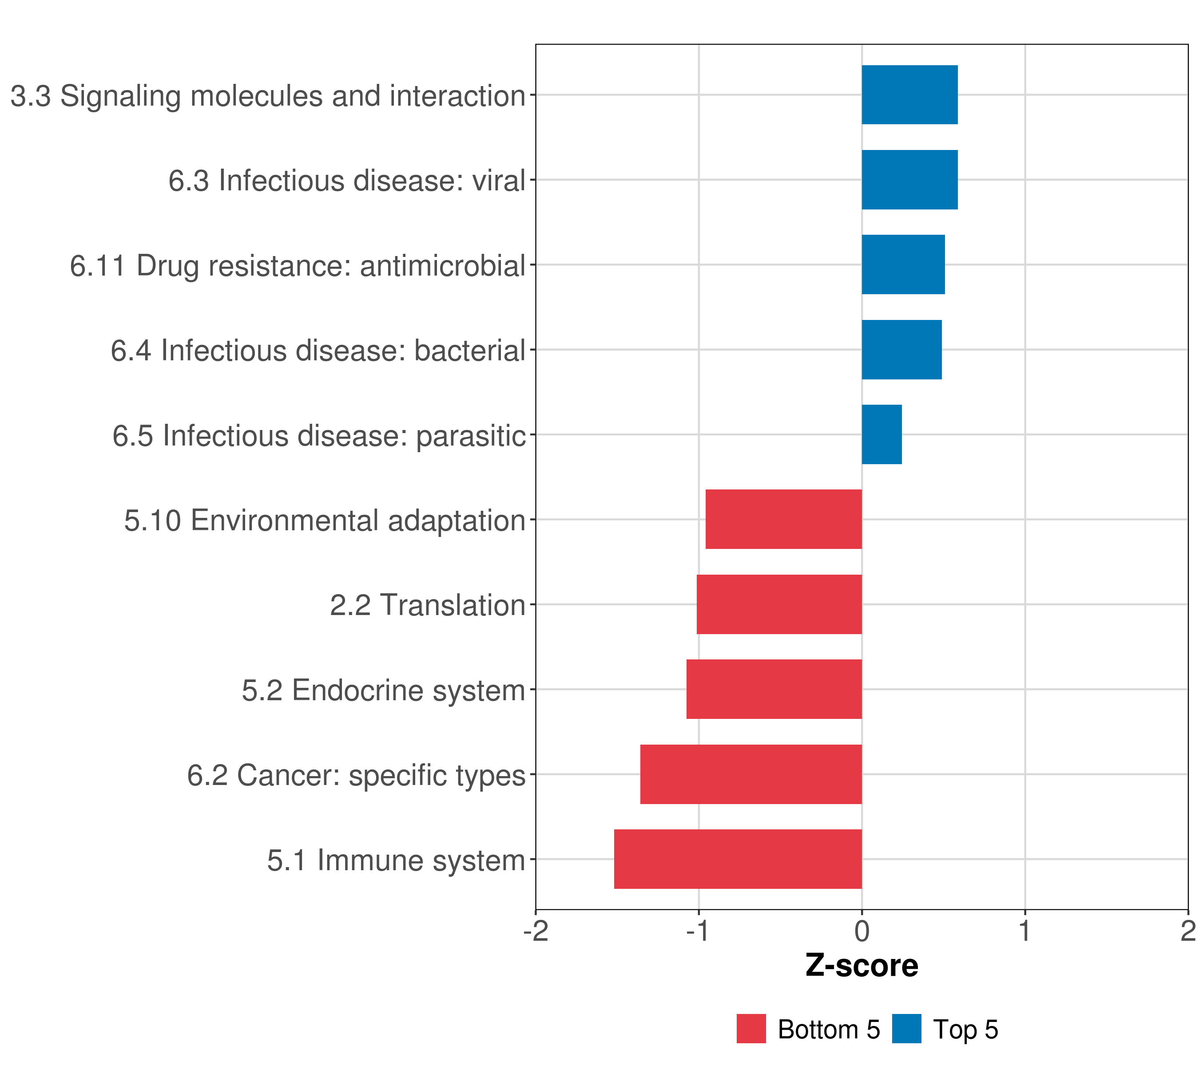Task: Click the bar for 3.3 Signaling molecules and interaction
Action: (909, 95)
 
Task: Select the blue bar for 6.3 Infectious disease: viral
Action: (909, 180)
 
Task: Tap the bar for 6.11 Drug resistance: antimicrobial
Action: (903, 264)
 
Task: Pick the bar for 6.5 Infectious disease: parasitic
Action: (881, 434)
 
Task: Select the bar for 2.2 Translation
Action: (779, 604)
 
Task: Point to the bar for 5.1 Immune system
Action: (738, 859)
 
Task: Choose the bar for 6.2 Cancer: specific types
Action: (751, 774)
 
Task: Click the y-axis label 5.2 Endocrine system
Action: (383, 690)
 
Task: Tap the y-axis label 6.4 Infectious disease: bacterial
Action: (318, 351)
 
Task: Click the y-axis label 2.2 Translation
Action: (427, 605)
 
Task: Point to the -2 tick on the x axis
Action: (536, 931)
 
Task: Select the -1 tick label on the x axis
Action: (698, 931)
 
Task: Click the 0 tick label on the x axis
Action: (862, 931)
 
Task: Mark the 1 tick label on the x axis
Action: (1025, 931)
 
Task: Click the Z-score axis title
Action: (862, 965)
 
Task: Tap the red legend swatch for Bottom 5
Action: (751, 1029)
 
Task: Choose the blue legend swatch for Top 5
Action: (906, 1029)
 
